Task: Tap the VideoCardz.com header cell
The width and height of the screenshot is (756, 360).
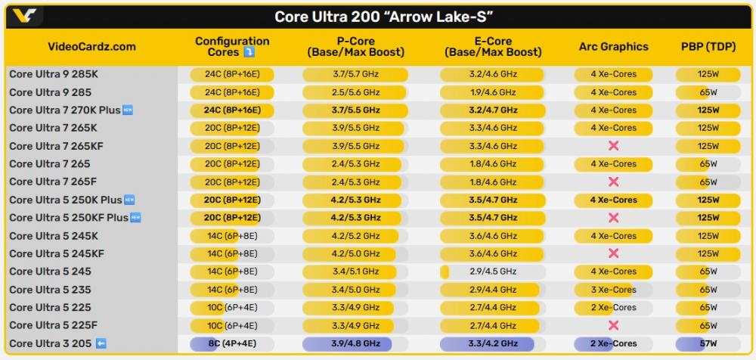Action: (x=91, y=47)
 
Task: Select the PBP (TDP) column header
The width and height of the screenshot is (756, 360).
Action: (x=708, y=47)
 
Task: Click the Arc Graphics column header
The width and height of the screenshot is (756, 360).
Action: (x=613, y=47)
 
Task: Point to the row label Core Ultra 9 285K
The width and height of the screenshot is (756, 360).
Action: (x=54, y=74)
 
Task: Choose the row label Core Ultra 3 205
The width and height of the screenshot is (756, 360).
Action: (x=51, y=343)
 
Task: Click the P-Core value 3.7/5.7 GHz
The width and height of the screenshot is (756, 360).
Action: (x=355, y=74)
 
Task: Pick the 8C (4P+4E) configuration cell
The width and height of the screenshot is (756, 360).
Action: (x=232, y=343)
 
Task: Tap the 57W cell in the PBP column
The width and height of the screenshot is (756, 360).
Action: (x=708, y=343)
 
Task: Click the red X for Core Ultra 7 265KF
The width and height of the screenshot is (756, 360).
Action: (x=613, y=146)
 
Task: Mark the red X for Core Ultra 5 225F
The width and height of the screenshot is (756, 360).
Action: (x=613, y=325)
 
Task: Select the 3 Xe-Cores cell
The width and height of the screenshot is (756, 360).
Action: (x=613, y=290)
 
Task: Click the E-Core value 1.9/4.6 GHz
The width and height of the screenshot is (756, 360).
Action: (x=493, y=92)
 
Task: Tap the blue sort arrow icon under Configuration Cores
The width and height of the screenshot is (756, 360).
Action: (x=249, y=53)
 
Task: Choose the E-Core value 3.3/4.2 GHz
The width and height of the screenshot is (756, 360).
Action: (x=493, y=343)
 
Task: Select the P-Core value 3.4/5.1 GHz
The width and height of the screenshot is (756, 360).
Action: (x=355, y=272)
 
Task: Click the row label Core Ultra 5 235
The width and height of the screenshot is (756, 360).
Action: (x=49, y=290)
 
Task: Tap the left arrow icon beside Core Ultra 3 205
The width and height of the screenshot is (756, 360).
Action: (x=101, y=343)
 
